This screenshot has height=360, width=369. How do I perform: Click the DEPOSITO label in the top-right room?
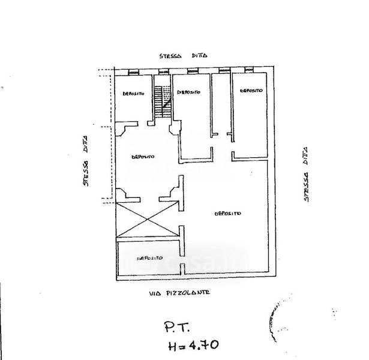pyautogui.click(x=251, y=91)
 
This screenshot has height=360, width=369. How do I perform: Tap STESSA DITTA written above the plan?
pyautogui.click(x=183, y=55)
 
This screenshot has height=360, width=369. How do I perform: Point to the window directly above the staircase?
pyautogui.click(x=161, y=72)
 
